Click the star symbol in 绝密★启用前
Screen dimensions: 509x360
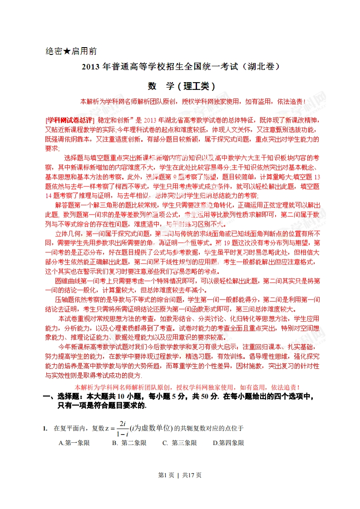[67, 51]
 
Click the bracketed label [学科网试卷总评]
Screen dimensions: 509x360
[70, 120]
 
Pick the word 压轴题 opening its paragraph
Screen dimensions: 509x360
[64, 300]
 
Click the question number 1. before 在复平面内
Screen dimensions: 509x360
[45, 428]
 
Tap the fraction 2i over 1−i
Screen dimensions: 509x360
[121, 428]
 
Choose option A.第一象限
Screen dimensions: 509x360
[74, 443]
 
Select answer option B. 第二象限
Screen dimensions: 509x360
[129, 443]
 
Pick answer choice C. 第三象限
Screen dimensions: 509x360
[179, 443]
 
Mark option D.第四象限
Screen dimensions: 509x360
[228, 443]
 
